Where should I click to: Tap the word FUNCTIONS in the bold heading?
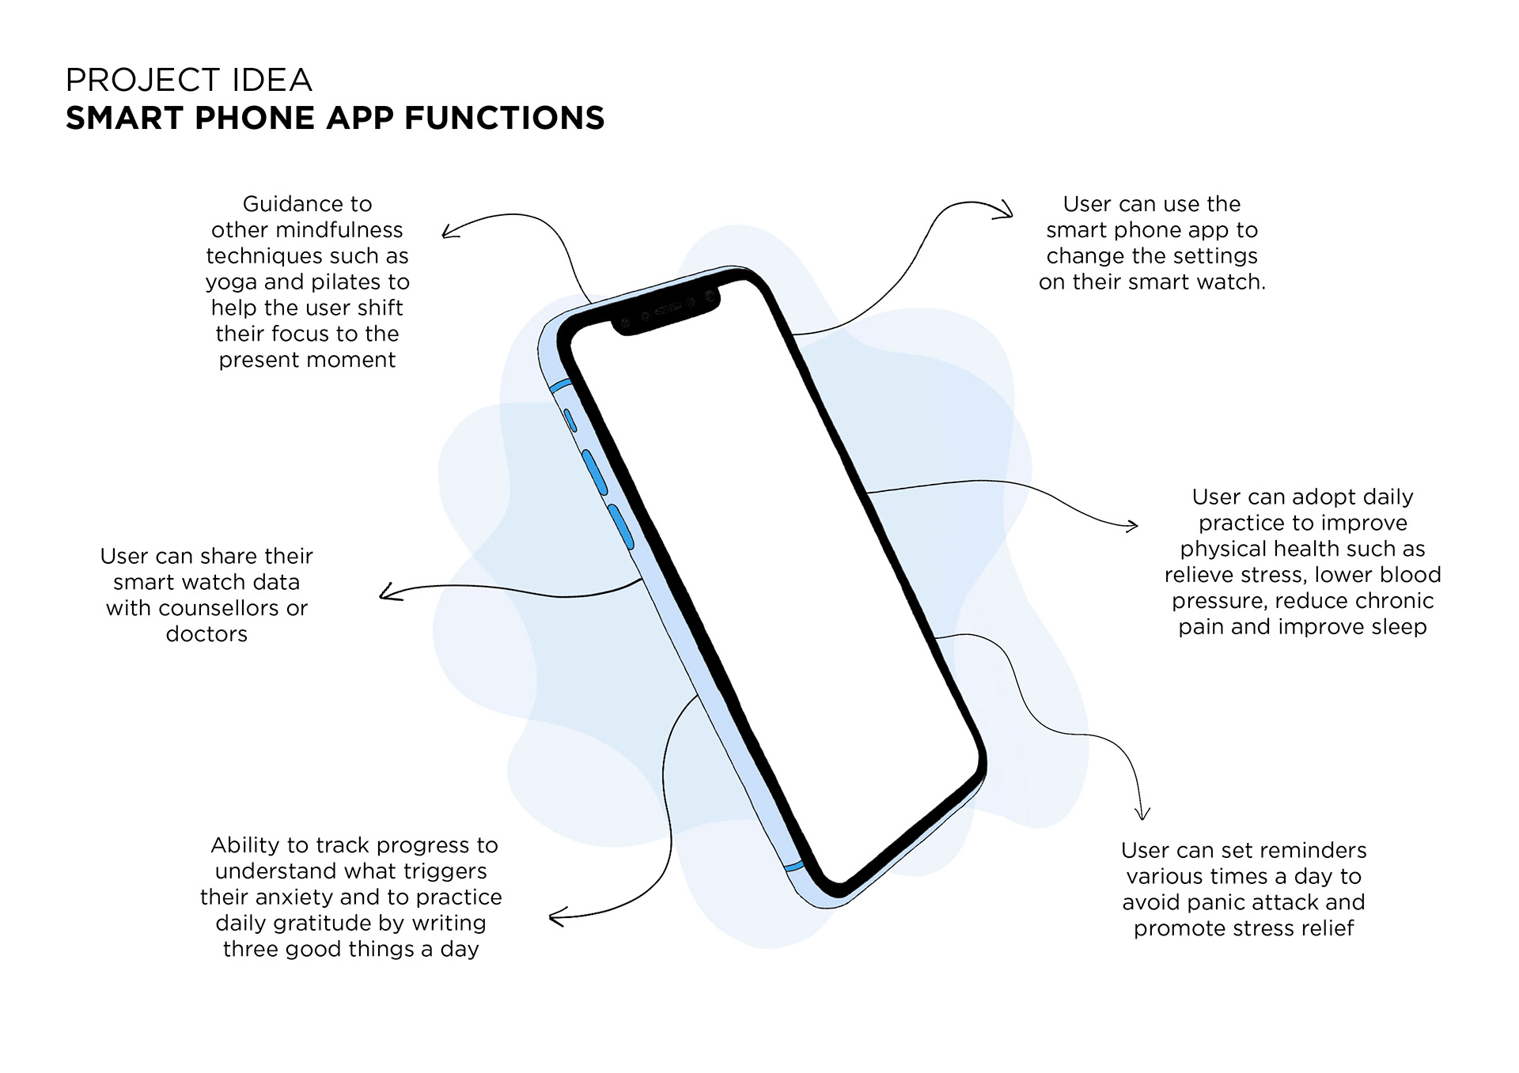click(x=505, y=119)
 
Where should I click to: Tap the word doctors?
click(x=206, y=634)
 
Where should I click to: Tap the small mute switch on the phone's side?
click(x=570, y=420)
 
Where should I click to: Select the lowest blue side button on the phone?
click(x=621, y=527)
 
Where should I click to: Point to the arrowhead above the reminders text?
click(x=1142, y=813)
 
